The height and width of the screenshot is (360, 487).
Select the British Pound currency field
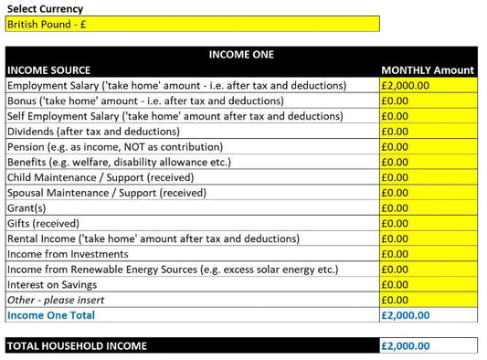[192, 25]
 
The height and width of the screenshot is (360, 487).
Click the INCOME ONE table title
[241, 55]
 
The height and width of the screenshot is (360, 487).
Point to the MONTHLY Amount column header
[428, 69]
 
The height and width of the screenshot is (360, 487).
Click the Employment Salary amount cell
[428, 85]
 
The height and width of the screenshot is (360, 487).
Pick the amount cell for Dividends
[428, 131]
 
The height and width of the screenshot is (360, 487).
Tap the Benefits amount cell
[428, 162]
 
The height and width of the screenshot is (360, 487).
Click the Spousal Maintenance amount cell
[428, 193]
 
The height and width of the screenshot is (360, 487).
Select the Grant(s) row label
[27, 207]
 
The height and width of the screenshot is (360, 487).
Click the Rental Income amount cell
[428, 238]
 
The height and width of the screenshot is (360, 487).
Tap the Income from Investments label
[68, 254]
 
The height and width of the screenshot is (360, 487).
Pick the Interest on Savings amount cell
[428, 284]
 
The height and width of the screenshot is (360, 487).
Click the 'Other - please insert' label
[56, 300]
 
